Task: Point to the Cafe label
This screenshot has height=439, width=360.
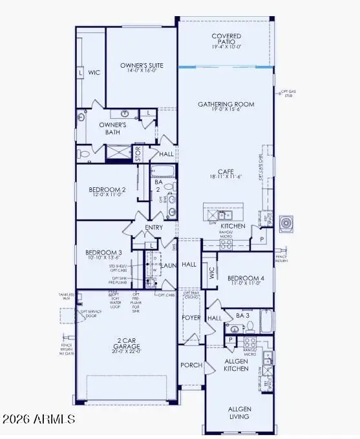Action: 226,172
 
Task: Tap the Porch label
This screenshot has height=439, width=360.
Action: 191,365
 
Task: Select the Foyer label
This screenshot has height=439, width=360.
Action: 191,318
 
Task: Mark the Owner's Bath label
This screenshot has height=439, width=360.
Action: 116,128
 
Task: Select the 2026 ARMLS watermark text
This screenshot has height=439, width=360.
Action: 39,420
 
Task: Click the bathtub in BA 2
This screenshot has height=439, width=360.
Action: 162,172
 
